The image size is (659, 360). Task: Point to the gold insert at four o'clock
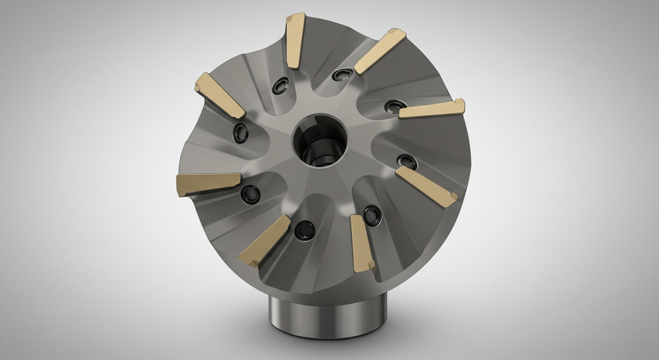[426, 186]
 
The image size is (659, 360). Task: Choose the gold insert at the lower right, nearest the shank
[362, 242]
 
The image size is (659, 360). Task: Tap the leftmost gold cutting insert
[208, 183]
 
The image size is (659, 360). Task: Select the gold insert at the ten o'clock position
[220, 95]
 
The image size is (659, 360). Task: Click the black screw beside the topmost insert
[281, 86]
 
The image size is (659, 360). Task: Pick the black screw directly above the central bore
[339, 77]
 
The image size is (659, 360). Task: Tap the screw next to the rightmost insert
[391, 106]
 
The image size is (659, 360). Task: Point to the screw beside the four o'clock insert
[405, 160]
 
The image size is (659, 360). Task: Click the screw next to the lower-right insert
[371, 214]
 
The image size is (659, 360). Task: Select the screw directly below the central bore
[301, 229]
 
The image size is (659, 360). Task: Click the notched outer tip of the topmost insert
[296, 17]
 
